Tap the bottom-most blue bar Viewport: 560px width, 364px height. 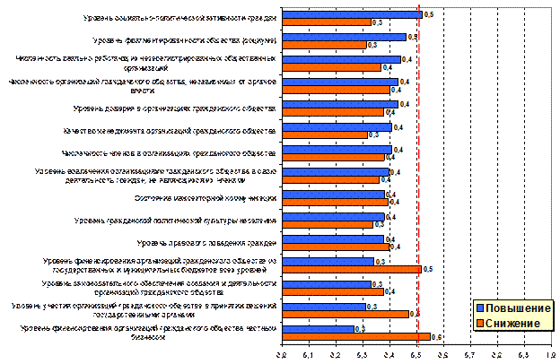pos(318,329)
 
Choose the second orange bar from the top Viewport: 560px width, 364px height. pos(324,45)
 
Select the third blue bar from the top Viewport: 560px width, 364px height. pos(341,59)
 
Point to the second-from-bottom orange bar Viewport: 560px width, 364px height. pos(346,315)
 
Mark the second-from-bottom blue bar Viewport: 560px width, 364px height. pos(324,307)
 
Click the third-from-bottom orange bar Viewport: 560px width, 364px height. pos(333,292)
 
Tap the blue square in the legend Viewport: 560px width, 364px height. pos(479,308)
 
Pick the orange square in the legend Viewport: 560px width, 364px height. pos(479,323)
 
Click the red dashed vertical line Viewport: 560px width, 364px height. pos(418,179)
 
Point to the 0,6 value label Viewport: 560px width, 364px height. pos(436,337)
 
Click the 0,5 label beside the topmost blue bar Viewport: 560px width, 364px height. pos(428,14)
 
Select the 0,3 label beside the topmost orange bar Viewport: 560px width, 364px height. pos(377,22)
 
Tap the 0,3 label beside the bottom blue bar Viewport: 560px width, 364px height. pos(360,329)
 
